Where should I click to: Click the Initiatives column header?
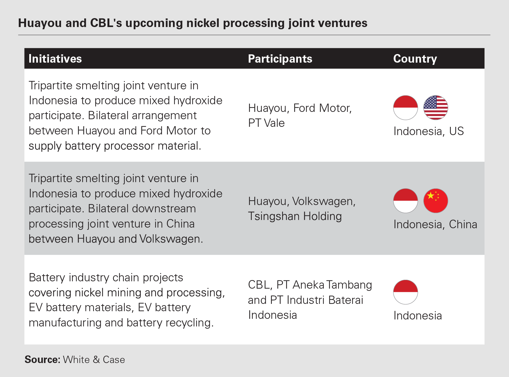pos(55,59)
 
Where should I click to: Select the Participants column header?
pos(280,59)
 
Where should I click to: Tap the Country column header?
pos(415,59)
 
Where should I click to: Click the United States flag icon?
pos(436,108)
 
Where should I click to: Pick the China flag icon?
pos(436,201)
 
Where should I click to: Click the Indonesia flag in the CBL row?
pos(405,292)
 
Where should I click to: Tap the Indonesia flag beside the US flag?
pos(405,108)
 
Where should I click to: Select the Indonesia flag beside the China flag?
pos(405,201)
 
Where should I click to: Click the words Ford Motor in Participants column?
pos(322,108)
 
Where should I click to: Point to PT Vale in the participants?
pos(266,123)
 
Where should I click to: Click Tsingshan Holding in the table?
pos(295,216)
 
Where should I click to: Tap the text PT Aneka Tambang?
pos(324,285)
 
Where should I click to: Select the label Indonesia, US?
pos(429,131)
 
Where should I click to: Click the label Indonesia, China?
pos(435,224)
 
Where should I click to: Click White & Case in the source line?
pos(94,360)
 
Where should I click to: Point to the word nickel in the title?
pos(203,23)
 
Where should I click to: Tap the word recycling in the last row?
pos(189,323)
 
